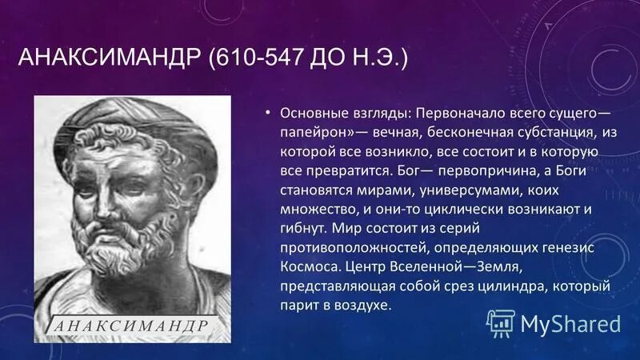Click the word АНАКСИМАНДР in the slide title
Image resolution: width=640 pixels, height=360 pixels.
(110, 61)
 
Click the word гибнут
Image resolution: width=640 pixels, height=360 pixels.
(300, 230)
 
